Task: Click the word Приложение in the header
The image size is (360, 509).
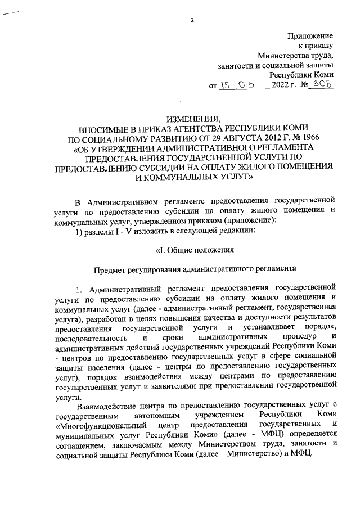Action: pyautogui.click(x=310, y=35)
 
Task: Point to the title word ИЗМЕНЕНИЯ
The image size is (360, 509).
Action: pyautogui.click(x=191, y=118)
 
